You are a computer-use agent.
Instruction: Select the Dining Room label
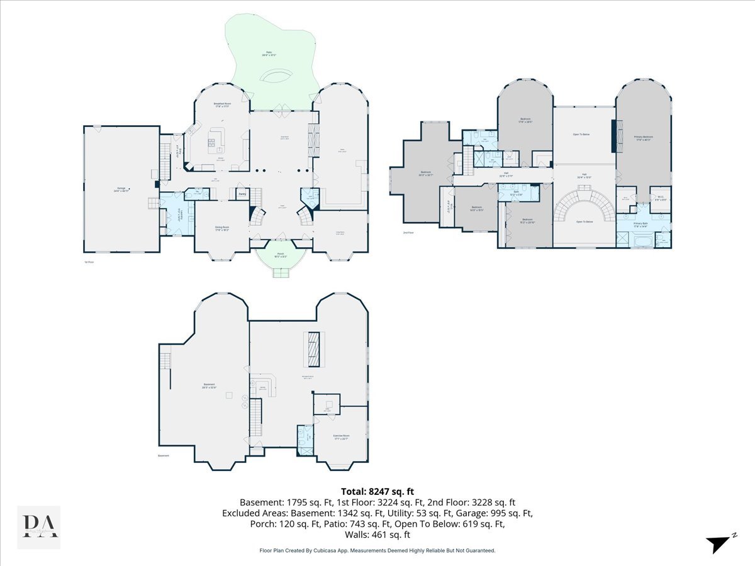click(x=221, y=229)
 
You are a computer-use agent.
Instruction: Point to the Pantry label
click(x=242, y=194)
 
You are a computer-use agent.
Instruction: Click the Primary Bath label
click(x=642, y=225)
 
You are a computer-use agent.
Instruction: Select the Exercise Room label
click(x=341, y=436)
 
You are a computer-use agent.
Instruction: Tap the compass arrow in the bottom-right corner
click(x=719, y=545)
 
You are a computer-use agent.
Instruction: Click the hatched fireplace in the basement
click(x=313, y=348)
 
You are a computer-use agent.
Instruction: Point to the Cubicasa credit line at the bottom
click(x=377, y=550)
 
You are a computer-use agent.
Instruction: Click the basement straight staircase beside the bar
click(x=255, y=419)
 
